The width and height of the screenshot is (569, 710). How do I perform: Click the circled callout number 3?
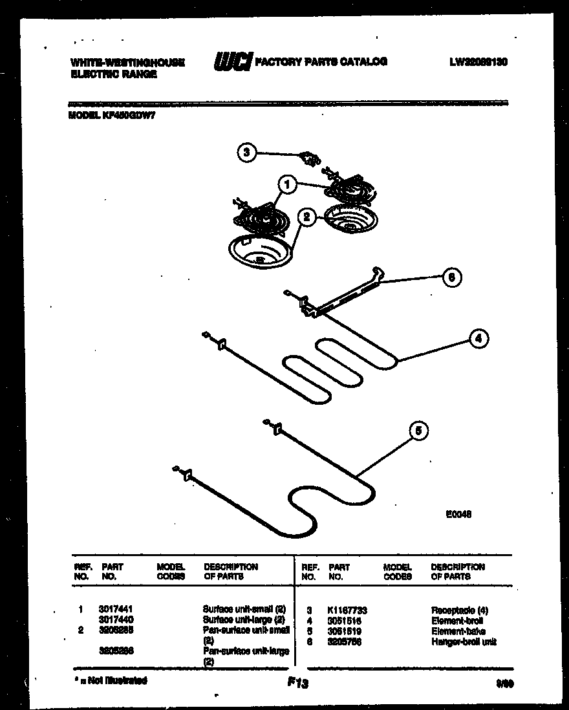coord(245,153)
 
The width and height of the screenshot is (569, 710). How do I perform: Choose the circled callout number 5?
coord(419,431)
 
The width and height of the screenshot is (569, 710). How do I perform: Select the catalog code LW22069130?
coord(478,62)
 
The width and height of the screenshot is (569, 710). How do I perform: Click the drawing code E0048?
coord(459,514)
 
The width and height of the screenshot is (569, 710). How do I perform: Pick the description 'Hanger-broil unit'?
coord(464,641)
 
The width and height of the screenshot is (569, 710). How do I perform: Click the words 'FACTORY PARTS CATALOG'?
coord(321,62)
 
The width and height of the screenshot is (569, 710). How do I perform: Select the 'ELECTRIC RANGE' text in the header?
coord(113,74)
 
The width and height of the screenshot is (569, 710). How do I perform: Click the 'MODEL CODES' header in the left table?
coord(171,571)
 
